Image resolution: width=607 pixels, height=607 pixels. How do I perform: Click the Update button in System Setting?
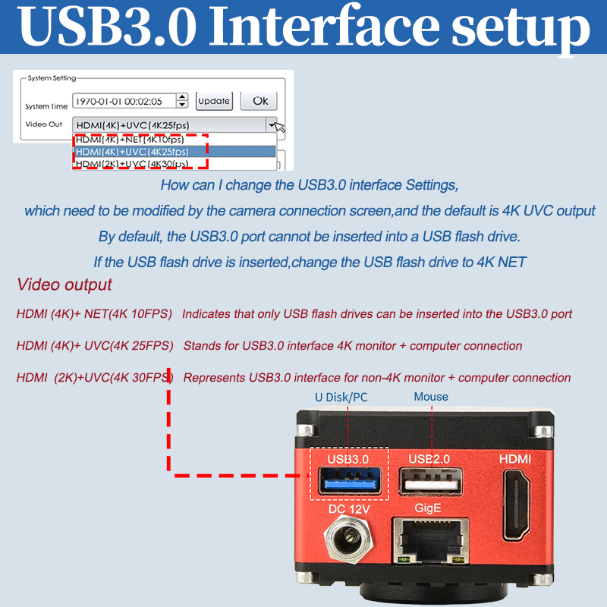pyautogui.click(x=214, y=102)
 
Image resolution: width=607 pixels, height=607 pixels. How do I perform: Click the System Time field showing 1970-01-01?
pyautogui.click(x=124, y=101)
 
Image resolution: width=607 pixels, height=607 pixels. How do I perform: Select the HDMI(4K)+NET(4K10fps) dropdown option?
pyautogui.click(x=130, y=140)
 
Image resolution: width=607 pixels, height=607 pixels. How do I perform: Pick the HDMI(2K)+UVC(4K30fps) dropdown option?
pyautogui.click(x=132, y=164)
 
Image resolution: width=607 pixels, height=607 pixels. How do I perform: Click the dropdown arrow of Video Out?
pyautogui.click(x=272, y=125)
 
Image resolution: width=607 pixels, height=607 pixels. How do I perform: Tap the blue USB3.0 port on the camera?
pyautogui.click(x=350, y=481)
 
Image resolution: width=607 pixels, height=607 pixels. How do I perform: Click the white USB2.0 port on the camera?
pyautogui.click(x=431, y=481)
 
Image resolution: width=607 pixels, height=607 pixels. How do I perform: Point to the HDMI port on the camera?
pyautogui.click(x=517, y=505)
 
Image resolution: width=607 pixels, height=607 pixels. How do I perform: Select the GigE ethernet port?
pyautogui.click(x=430, y=541)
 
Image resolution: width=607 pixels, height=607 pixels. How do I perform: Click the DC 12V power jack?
pyautogui.click(x=348, y=539)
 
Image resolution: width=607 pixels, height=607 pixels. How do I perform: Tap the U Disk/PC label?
pyautogui.click(x=341, y=397)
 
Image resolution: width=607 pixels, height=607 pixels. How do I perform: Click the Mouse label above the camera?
pyautogui.click(x=431, y=397)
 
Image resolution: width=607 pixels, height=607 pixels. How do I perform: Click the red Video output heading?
pyautogui.click(x=64, y=285)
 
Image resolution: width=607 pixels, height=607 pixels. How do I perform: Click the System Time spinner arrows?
pyautogui.click(x=182, y=101)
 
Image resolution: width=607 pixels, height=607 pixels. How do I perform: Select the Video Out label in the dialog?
pyautogui.click(x=43, y=124)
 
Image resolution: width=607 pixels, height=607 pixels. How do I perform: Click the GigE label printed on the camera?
pyautogui.click(x=427, y=508)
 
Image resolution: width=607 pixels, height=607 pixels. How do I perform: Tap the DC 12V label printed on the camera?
pyautogui.click(x=349, y=509)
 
